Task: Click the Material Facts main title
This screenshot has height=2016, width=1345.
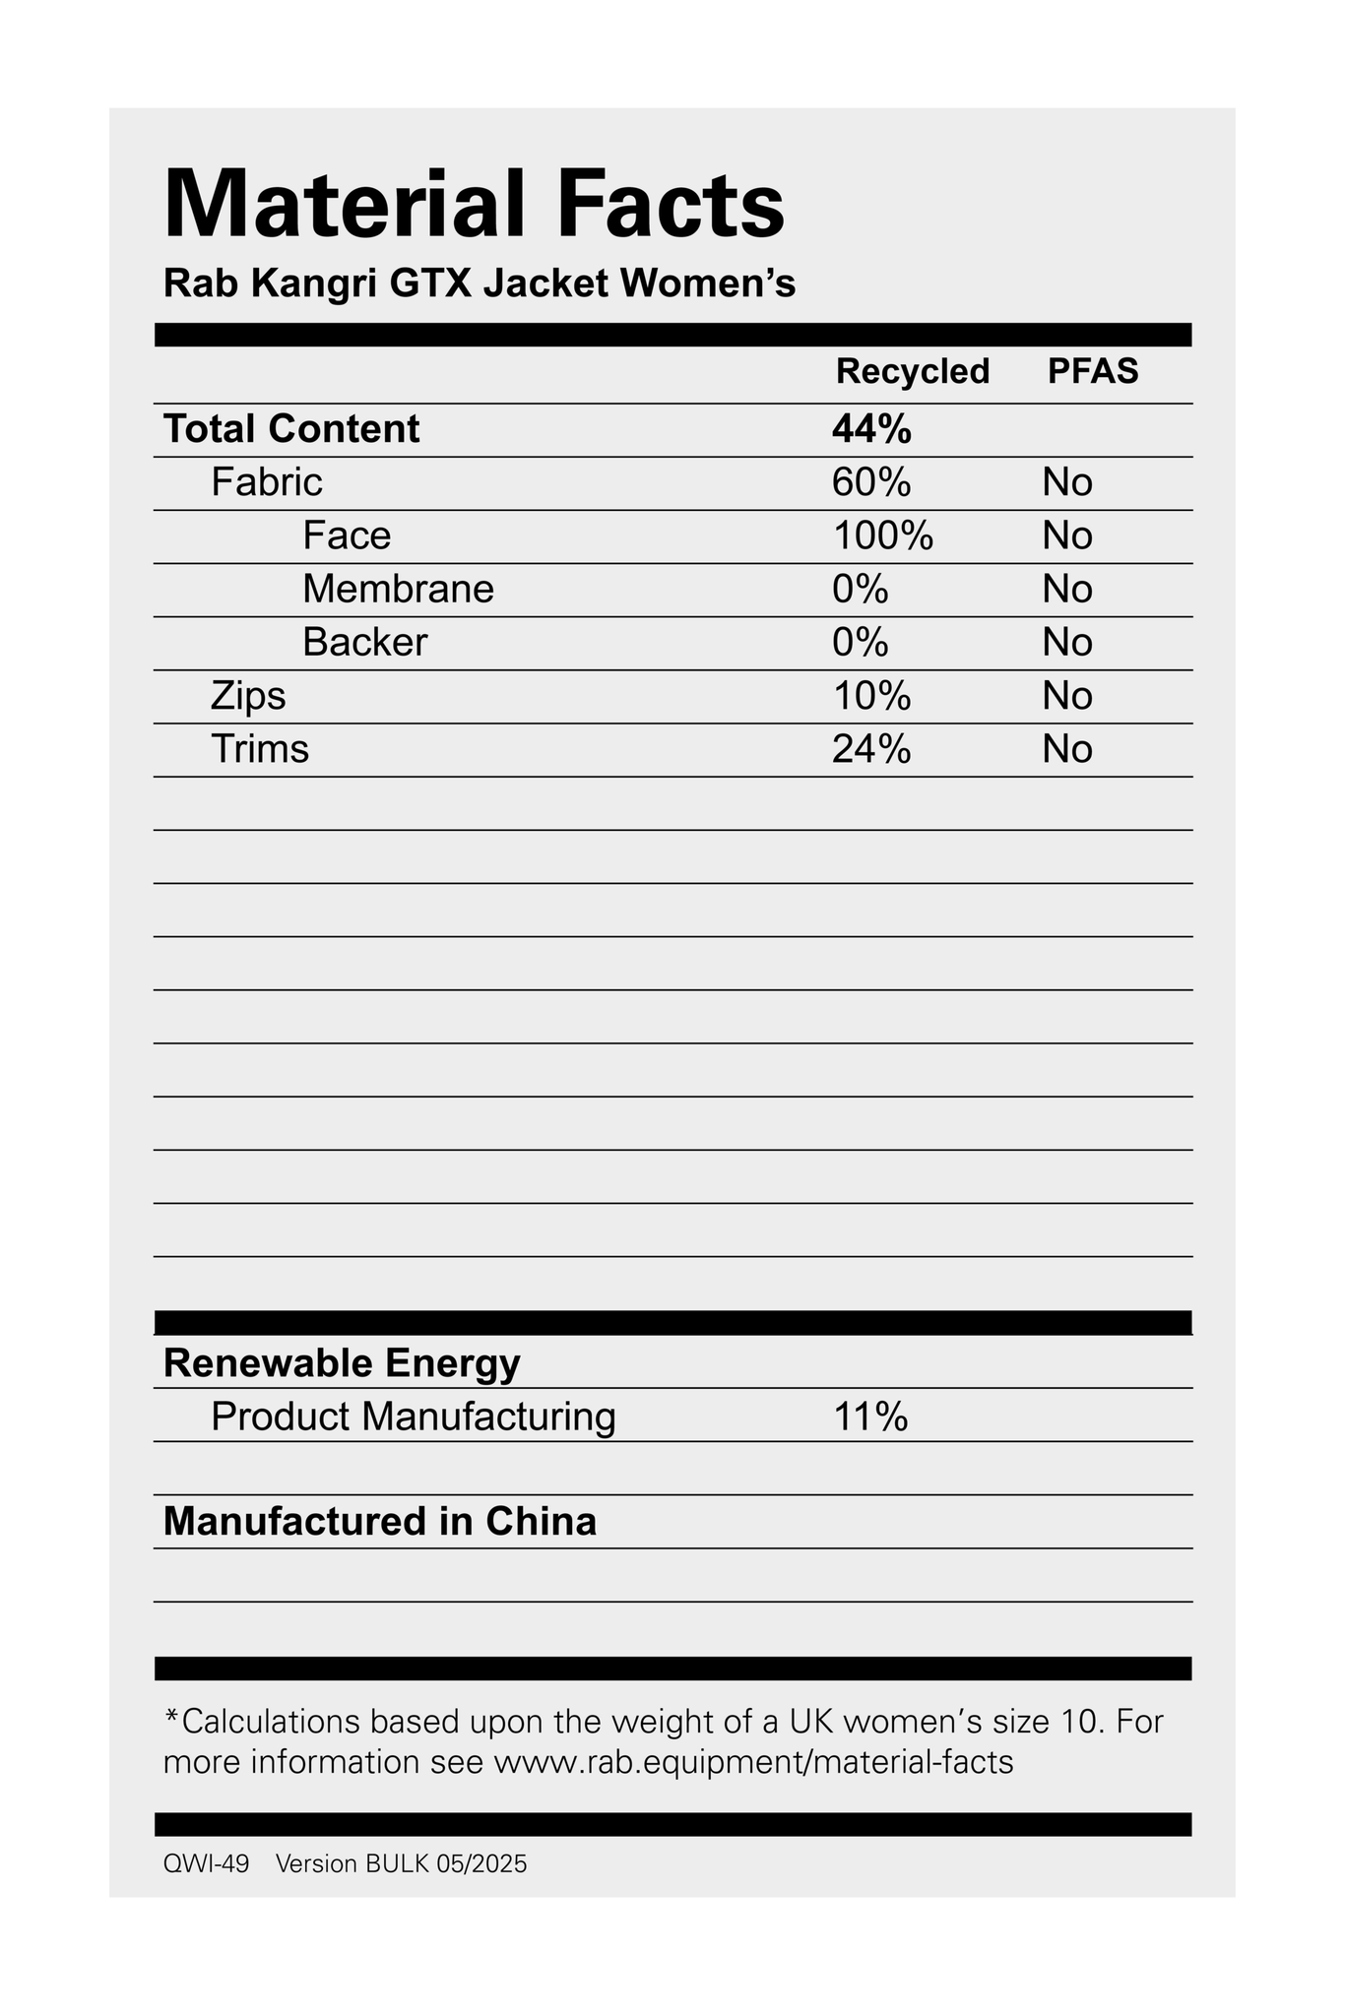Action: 474,205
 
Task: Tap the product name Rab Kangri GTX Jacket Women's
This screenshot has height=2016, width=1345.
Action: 479,284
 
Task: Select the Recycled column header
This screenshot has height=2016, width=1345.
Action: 912,371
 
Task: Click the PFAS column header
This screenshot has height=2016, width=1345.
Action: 1093,371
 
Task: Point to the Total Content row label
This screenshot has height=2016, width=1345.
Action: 291,429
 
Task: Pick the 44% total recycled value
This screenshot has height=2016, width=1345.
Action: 871,429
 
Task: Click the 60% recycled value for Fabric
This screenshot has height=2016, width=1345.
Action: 871,482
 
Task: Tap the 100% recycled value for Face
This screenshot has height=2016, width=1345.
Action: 882,535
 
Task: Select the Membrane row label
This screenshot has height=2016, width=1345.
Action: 398,589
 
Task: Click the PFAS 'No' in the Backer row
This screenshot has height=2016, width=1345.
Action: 1067,642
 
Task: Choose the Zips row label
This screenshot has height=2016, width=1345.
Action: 248,696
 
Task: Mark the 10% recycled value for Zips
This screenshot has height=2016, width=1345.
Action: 871,696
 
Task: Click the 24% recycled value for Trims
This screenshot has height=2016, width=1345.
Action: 871,749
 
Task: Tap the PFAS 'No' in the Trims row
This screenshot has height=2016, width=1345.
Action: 1067,749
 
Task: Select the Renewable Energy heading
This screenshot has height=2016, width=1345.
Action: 342,1363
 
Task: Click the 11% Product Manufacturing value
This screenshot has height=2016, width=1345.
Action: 869,1417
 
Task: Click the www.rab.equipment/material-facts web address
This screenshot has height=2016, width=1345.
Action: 753,1761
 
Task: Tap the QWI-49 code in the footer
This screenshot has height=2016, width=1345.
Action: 206,1863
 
